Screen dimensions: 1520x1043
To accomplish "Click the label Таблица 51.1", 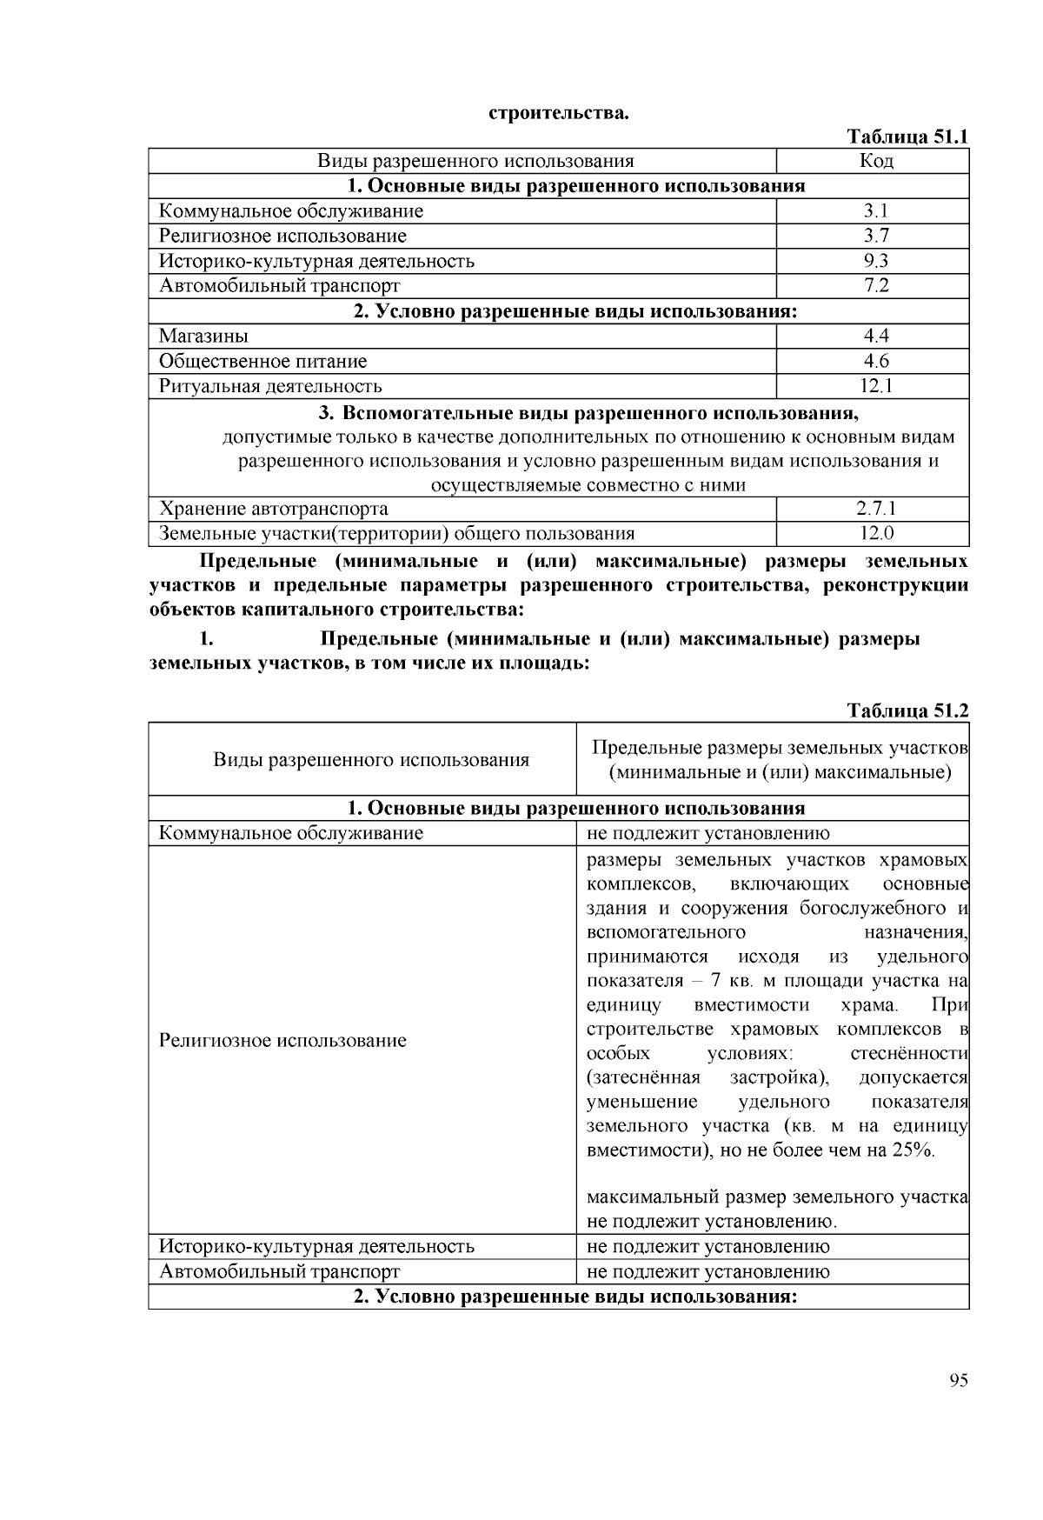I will point(907,137).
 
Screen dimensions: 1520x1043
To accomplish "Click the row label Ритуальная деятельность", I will point(270,386).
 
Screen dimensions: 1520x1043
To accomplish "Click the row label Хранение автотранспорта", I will point(274,509).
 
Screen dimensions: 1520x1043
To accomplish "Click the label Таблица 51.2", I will point(907,710).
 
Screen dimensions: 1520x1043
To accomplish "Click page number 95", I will point(959,1380).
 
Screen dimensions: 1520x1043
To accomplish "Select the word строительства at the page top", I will point(557,113).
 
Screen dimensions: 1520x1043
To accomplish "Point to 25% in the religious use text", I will point(912,1150).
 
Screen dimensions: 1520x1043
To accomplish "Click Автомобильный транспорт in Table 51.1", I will point(280,285).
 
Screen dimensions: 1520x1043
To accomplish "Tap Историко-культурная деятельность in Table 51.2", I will point(316,1246).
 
